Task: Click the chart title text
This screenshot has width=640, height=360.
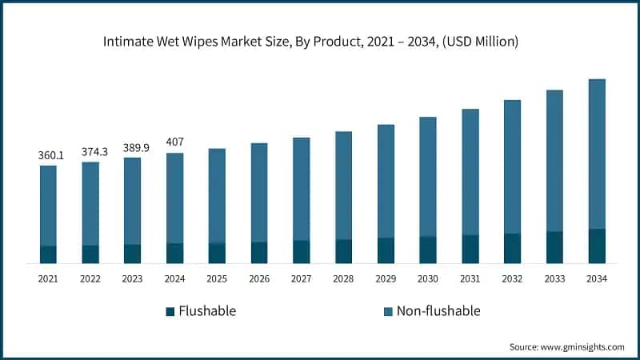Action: pyautogui.click(x=320, y=41)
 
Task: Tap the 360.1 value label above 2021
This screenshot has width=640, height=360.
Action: pyautogui.click(x=48, y=155)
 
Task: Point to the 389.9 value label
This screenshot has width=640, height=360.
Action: pyautogui.click(x=133, y=148)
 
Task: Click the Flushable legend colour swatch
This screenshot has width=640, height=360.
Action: pyautogui.click(x=170, y=311)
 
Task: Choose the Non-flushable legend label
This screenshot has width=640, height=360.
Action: pyautogui.click(x=438, y=311)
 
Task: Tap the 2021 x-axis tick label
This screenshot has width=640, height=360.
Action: pyautogui.click(x=48, y=278)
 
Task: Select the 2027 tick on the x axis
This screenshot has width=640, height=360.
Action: pyautogui.click(x=301, y=278)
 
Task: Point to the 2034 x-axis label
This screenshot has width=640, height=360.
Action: pyautogui.click(x=597, y=278)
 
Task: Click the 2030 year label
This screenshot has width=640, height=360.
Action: pyautogui.click(x=428, y=278)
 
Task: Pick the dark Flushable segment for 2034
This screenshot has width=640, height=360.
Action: pyautogui.click(x=597, y=246)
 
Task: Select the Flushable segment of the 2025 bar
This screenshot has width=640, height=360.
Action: pyautogui.click(x=217, y=253)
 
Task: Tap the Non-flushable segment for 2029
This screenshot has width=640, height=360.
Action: pyautogui.click(x=386, y=181)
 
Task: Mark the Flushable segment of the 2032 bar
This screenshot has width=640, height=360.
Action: pyautogui.click(x=512, y=249)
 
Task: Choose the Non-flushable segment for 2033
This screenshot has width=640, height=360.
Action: pyautogui.click(x=554, y=161)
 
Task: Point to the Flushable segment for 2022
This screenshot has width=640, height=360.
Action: pyautogui.click(x=90, y=254)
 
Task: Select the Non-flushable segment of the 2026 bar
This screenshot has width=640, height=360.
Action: pyautogui.click(x=259, y=192)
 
